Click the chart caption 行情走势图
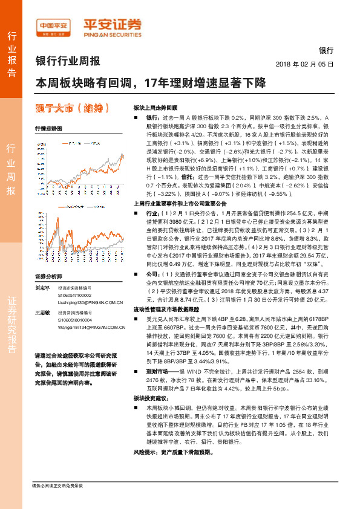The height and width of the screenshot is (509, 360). pyautogui.click(x=48, y=129)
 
